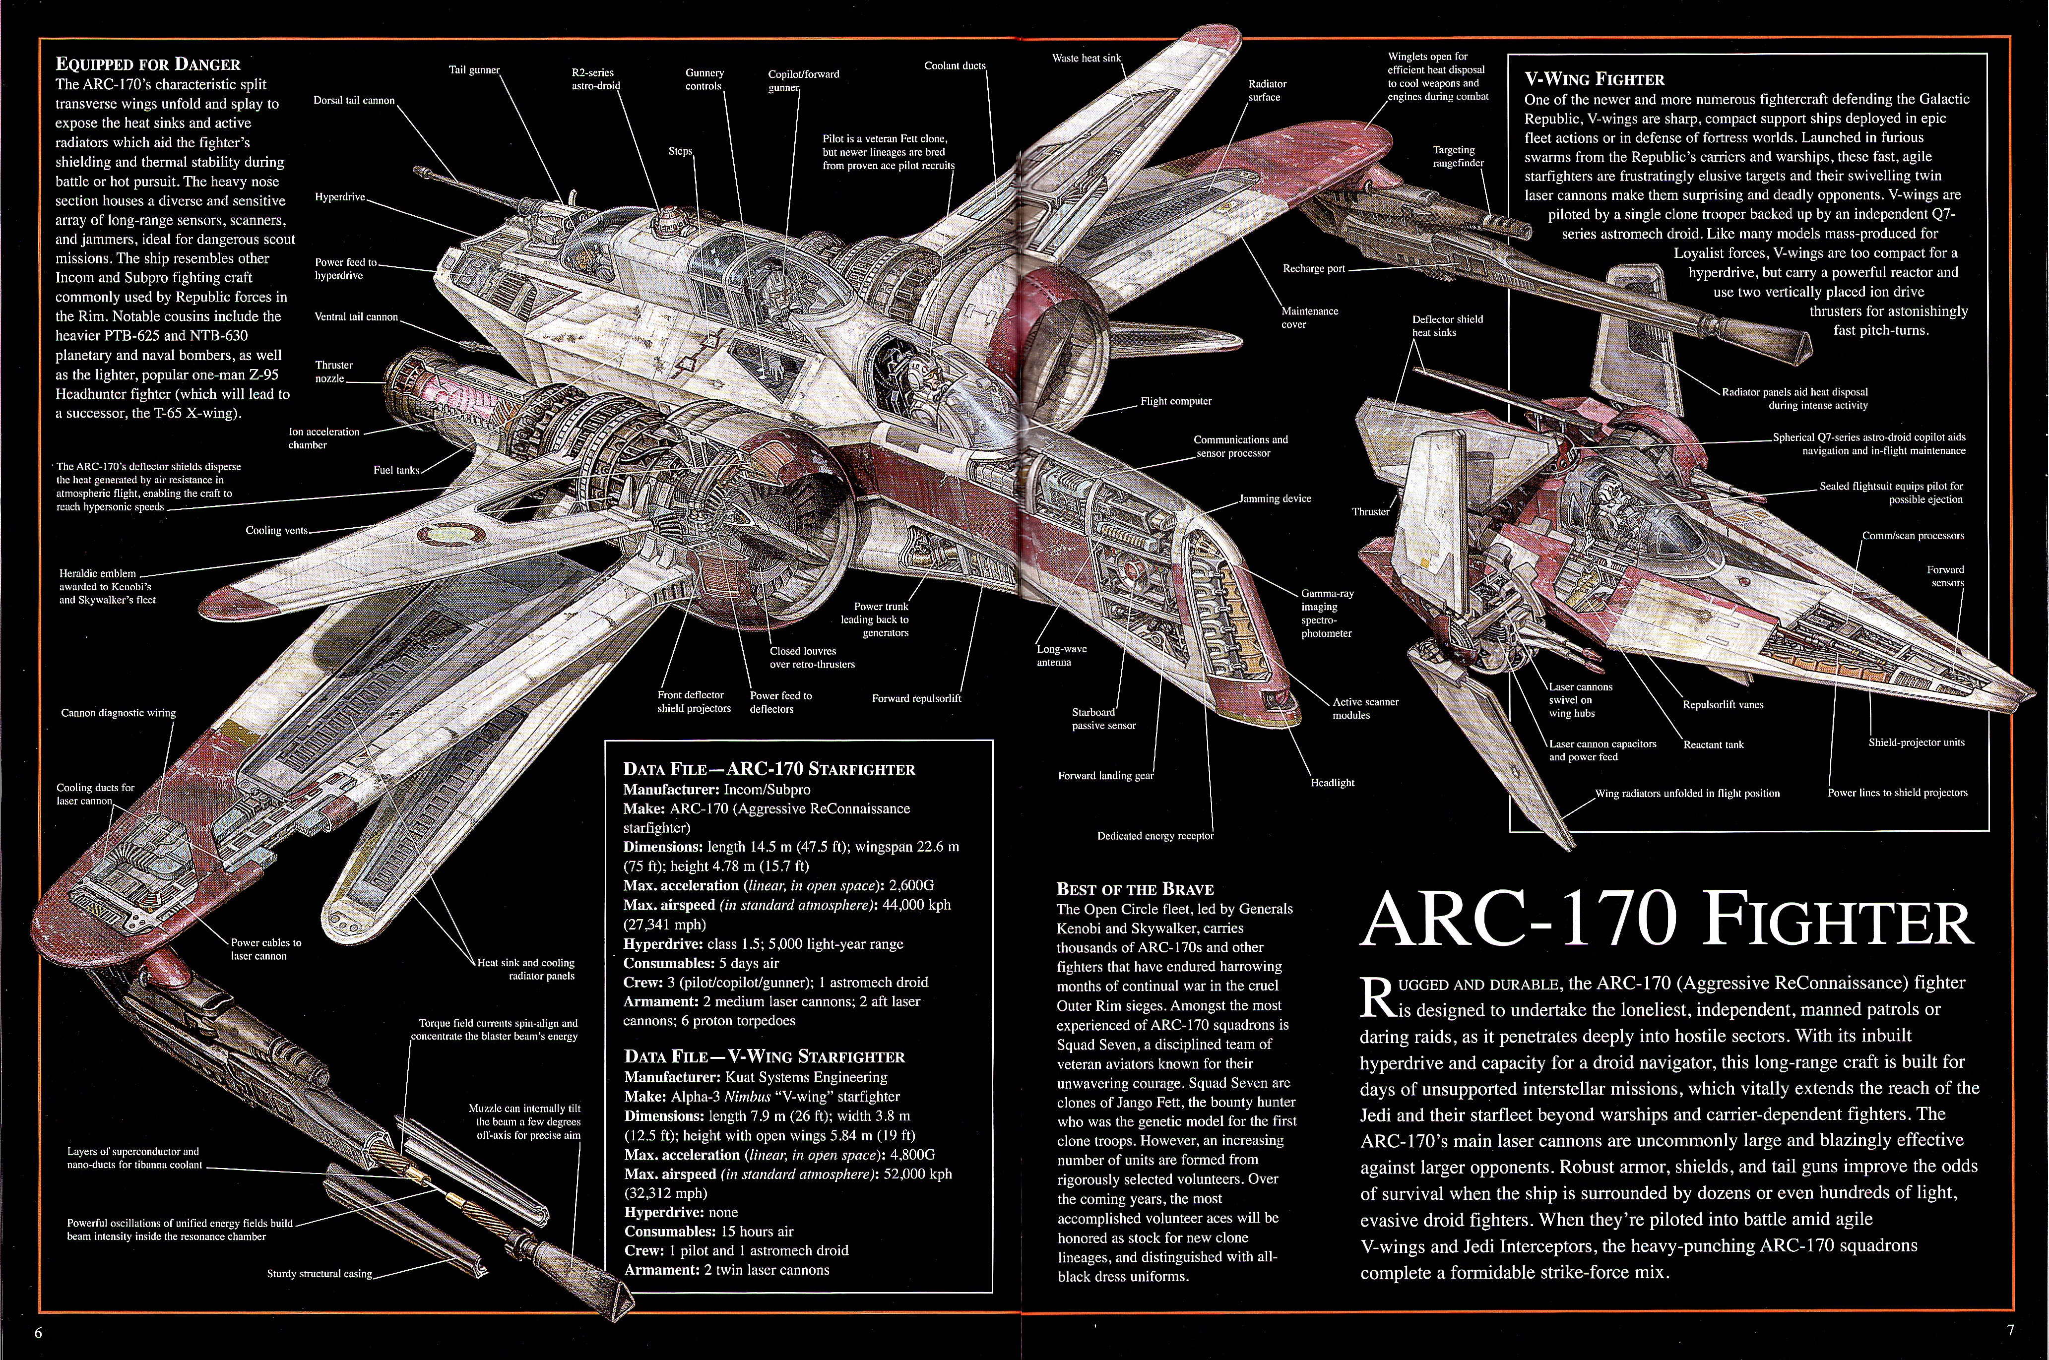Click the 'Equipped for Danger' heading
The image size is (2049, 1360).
[147, 64]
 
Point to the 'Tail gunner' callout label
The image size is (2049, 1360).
[474, 70]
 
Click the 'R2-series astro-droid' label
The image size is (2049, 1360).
[596, 79]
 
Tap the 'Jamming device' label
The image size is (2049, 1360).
[1275, 499]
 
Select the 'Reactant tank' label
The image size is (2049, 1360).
[1713, 744]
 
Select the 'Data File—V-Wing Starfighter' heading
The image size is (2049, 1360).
[764, 1056]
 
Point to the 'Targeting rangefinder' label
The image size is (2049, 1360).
[1458, 156]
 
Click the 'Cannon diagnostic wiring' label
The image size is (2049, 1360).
[118, 713]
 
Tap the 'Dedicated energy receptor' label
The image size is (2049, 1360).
[1155, 836]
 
